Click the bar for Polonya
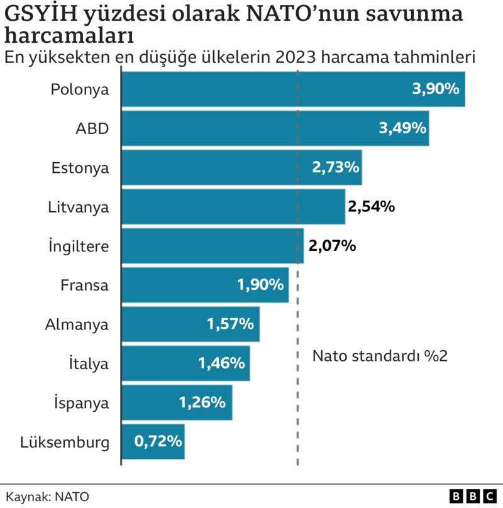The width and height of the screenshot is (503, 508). point(292,89)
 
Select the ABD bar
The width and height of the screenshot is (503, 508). point(275,128)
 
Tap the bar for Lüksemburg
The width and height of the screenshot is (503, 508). point(152,441)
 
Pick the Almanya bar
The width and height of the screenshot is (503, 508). point(190,324)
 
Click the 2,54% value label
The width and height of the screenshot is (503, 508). point(371,206)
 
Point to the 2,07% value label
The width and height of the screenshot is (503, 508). point(333,246)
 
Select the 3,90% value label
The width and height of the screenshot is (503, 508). point(436,89)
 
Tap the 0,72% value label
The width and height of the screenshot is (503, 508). point(158,441)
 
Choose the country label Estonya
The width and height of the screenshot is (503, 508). point(80,168)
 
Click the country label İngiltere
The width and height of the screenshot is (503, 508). point(79,246)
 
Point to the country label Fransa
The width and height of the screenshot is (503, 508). point(84,285)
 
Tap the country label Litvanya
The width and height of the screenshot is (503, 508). point(79,207)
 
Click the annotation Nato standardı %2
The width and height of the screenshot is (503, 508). point(380,356)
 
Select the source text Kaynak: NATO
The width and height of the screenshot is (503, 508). point(48,496)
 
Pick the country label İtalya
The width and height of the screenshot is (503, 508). point(88,363)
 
